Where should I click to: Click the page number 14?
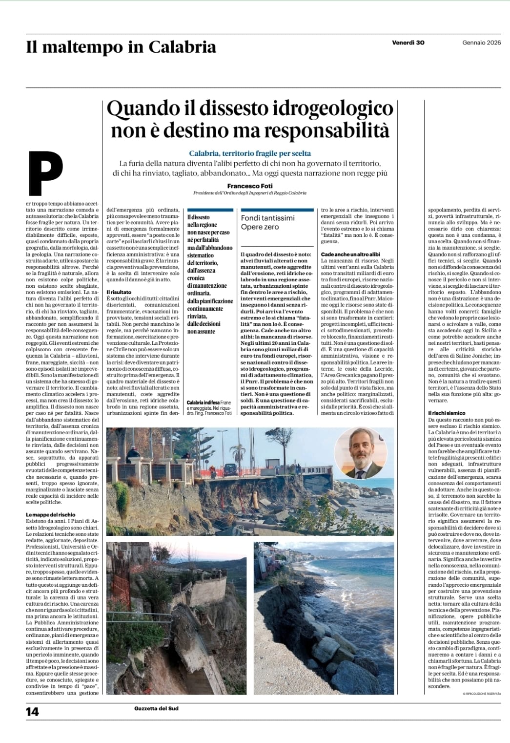click(32, 711)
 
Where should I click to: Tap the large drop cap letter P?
click(46, 173)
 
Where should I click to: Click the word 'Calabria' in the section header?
click(182, 47)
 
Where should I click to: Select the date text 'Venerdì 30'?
click(408, 42)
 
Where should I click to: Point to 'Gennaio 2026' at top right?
click(481, 42)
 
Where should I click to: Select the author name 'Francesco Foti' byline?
click(249, 186)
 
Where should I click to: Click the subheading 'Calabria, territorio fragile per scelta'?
click(250, 153)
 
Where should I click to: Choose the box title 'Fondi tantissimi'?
click(268, 218)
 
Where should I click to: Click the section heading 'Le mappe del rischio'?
click(51, 515)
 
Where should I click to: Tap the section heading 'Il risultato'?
click(119, 292)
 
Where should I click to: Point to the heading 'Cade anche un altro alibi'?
click(350, 255)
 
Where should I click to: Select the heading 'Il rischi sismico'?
click(447, 413)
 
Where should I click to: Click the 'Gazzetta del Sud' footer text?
click(156, 708)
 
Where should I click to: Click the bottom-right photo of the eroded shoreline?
click(324, 618)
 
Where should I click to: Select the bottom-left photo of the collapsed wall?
click(176, 618)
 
